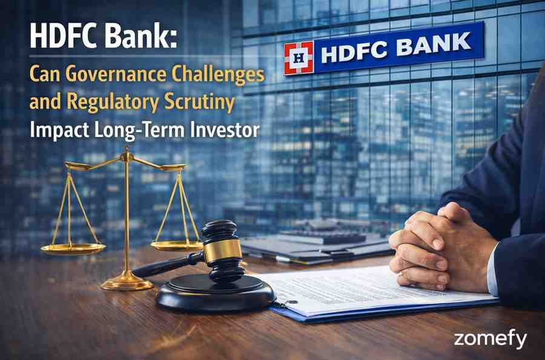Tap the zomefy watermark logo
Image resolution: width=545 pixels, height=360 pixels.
click(490, 339)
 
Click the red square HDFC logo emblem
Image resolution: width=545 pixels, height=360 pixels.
click(299, 58)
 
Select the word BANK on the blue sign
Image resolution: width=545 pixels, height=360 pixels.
click(436, 45)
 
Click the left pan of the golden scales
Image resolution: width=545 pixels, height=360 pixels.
click(73, 248)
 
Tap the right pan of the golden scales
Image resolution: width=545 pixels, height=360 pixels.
click(176, 245)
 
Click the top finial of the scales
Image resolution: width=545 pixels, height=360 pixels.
click(127, 152)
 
